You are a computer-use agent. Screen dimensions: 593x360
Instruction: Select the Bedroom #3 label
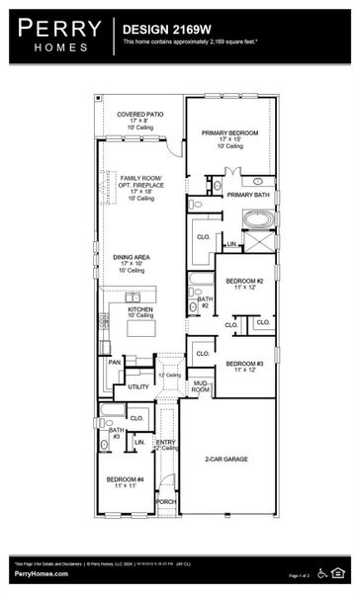click(x=244, y=364)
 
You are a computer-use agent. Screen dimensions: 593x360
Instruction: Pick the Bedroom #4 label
click(x=126, y=482)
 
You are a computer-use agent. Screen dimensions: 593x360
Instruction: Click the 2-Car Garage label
click(x=226, y=460)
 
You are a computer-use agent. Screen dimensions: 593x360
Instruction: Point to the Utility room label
click(x=138, y=386)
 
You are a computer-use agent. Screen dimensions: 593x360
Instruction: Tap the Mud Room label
click(x=201, y=386)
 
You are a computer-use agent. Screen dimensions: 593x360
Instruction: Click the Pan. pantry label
click(x=115, y=363)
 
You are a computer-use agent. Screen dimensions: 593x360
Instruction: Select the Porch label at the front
click(x=165, y=501)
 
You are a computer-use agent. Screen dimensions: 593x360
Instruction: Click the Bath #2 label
click(x=204, y=302)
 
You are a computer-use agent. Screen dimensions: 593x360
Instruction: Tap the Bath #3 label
click(x=116, y=433)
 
